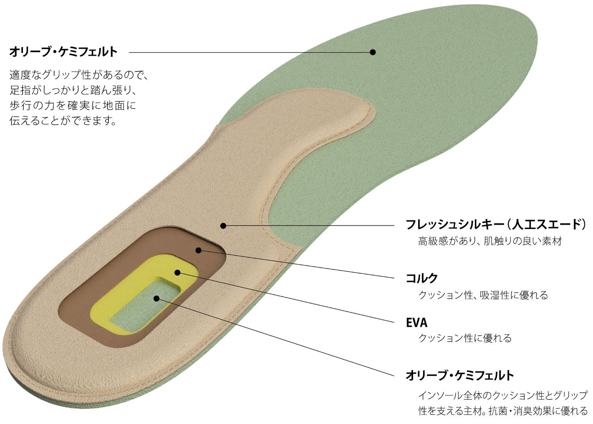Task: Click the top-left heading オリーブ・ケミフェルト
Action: (x=63, y=51)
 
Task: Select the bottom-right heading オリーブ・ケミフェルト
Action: (x=460, y=375)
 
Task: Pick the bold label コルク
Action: (x=422, y=278)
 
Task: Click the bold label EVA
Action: (x=417, y=323)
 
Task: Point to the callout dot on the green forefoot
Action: (x=372, y=52)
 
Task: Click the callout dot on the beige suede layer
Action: (x=223, y=226)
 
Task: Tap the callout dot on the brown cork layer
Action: (x=198, y=250)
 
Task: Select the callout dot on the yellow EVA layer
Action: (x=178, y=273)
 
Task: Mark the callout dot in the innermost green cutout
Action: (x=157, y=298)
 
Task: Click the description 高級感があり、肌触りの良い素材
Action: (x=490, y=241)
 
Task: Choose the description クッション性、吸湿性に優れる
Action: (x=483, y=295)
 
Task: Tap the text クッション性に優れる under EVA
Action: (x=465, y=338)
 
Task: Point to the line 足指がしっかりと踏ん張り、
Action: (x=73, y=90)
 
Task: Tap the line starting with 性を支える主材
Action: (x=503, y=411)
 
